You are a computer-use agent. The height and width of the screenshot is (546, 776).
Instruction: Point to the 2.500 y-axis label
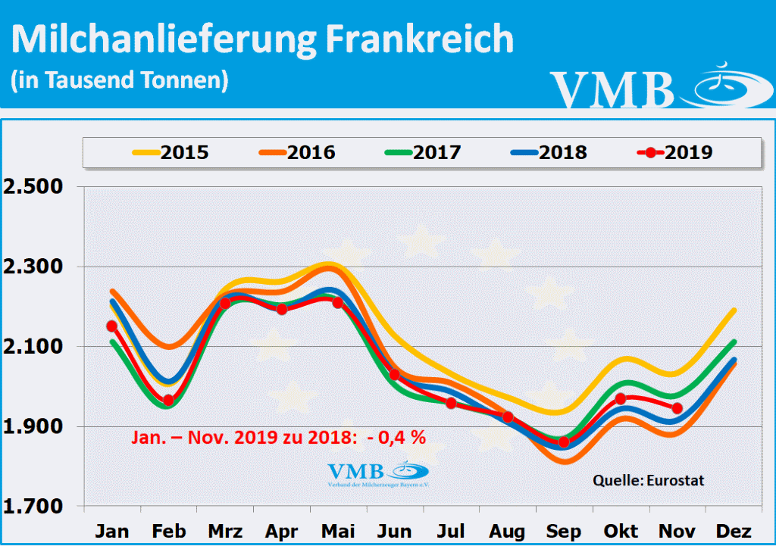[35, 187]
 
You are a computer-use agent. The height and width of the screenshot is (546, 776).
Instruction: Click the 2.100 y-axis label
[35, 348]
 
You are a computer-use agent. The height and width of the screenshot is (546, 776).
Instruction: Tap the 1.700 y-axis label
[35, 507]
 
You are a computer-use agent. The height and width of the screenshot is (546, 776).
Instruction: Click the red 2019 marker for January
[112, 326]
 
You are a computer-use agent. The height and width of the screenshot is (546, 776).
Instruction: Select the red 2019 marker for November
[677, 409]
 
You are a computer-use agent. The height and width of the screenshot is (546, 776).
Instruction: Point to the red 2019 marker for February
[168, 401]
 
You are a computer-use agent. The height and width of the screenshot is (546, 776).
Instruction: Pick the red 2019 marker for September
[564, 442]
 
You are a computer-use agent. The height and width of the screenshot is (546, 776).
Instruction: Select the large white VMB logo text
[612, 89]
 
